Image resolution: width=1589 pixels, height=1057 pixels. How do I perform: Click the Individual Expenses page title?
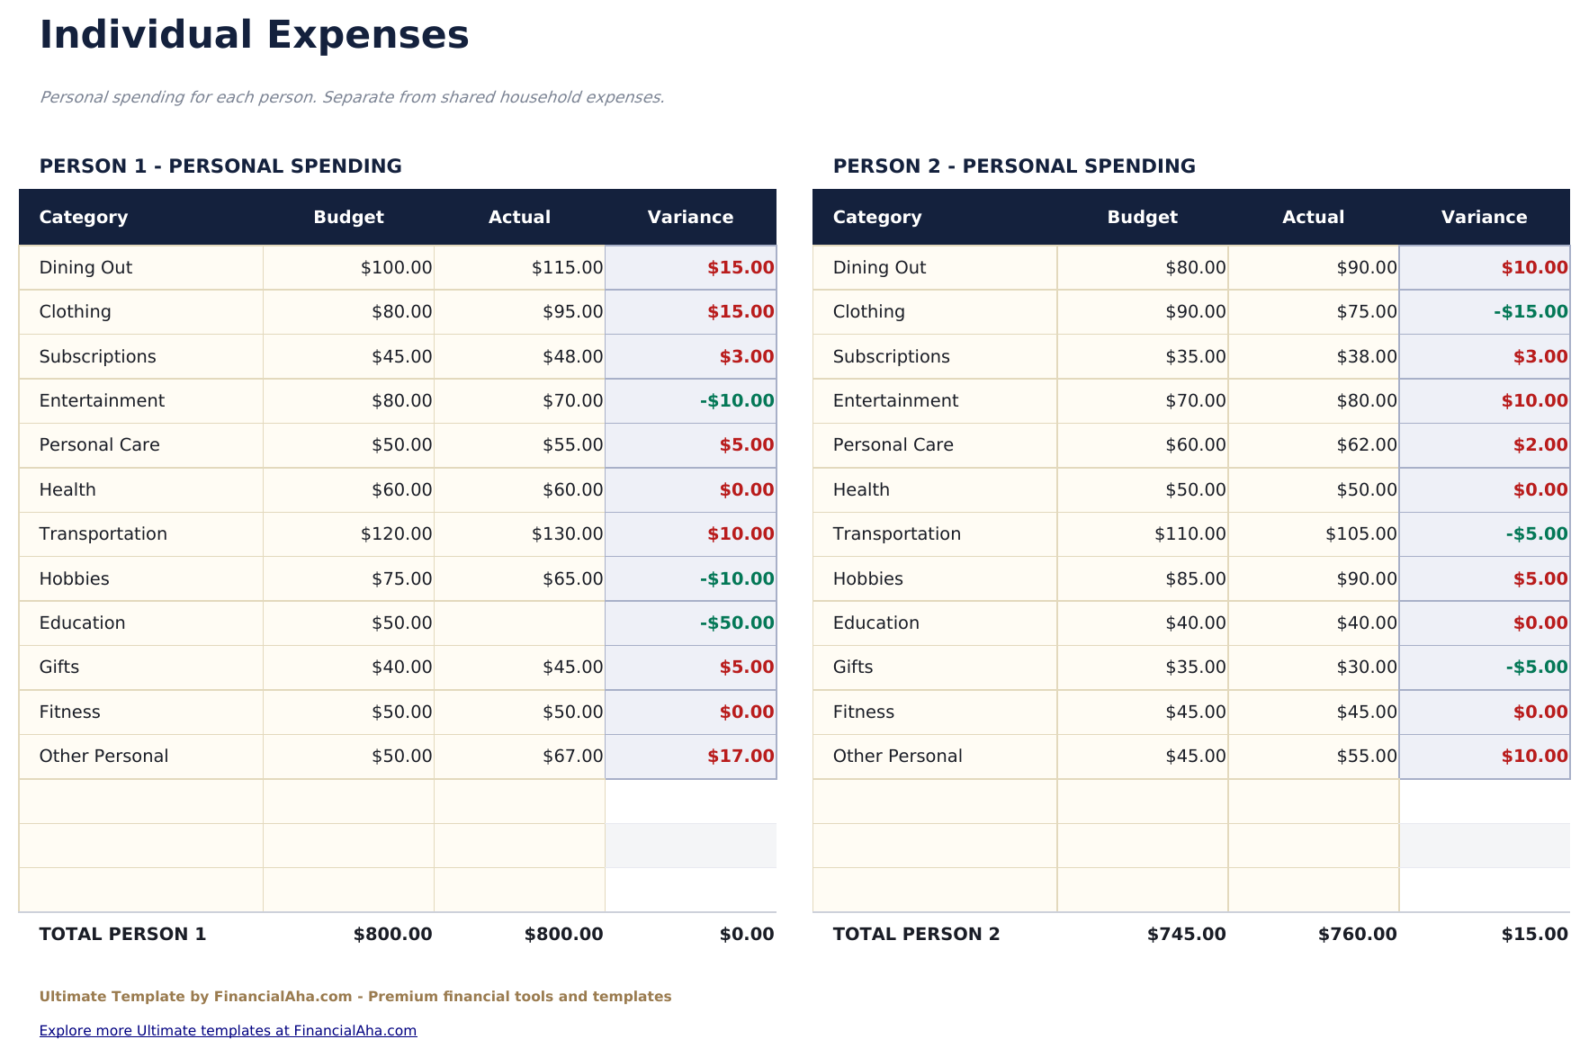pos(255,36)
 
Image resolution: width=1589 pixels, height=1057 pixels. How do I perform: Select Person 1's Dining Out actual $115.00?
pos(567,268)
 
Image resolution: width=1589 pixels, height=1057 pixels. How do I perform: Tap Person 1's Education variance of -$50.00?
pos(737,623)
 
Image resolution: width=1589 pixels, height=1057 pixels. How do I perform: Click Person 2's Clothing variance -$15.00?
pos(1531,312)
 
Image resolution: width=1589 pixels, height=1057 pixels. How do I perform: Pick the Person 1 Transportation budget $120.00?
pos(396,534)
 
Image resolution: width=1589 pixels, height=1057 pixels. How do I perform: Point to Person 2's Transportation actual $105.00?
pos(1360,534)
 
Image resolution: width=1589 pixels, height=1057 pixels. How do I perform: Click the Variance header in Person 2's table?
pos(1484,218)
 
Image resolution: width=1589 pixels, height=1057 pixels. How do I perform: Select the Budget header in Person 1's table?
pos(348,218)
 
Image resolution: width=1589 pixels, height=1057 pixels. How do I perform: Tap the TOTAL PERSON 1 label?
pos(122,935)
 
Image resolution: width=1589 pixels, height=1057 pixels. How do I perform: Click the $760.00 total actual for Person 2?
pos(1357,935)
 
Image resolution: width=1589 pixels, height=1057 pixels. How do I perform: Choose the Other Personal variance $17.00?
pos(741,757)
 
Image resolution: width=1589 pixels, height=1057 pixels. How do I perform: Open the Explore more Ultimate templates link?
pos(228,1031)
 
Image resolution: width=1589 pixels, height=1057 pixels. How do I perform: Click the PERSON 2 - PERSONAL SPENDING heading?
pos(1014,166)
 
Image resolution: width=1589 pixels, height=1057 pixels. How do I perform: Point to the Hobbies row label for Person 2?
pos(867,579)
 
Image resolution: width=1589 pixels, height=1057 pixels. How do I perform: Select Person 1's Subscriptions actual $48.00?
pos(572,357)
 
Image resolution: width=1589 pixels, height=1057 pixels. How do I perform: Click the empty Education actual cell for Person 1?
pos(519,623)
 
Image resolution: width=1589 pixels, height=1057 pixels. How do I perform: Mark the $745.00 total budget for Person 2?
pos(1186,935)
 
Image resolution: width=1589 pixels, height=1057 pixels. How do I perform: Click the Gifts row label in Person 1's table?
pos(59,667)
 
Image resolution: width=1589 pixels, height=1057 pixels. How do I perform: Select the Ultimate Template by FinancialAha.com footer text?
pos(355,997)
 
